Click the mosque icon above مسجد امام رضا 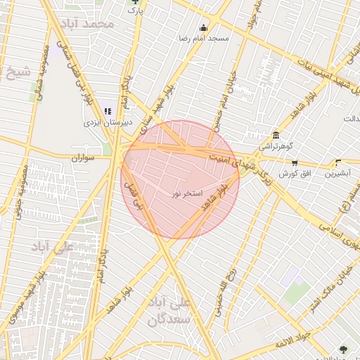203,29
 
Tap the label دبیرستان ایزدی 108,122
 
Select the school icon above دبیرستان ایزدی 108,110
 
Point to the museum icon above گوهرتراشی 275,136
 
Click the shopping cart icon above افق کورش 294,162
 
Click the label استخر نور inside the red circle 187,192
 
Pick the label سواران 82,158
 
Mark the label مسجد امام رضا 204,39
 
